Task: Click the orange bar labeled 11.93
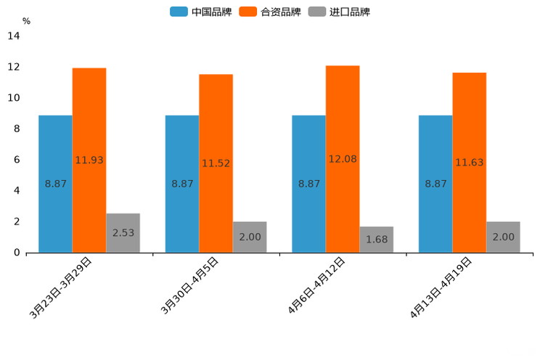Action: [x=89, y=160]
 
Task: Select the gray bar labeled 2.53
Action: [x=123, y=233]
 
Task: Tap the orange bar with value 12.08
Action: [x=343, y=159]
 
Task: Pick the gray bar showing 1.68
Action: [x=376, y=240]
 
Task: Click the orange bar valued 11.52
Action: [x=216, y=163]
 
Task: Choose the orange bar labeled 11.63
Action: [x=469, y=163]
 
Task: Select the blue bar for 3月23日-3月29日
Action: [x=55, y=184]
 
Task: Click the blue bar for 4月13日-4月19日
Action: [x=435, y=184]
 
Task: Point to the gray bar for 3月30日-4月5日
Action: [x=250, y=237]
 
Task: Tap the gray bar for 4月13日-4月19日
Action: [x=503, y=237]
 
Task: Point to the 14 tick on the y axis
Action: [x=13, y=36]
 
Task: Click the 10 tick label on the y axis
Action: [x=13, y=98]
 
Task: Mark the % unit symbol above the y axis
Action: [x=26, y=21]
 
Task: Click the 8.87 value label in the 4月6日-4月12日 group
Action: [x=309, y=184]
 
